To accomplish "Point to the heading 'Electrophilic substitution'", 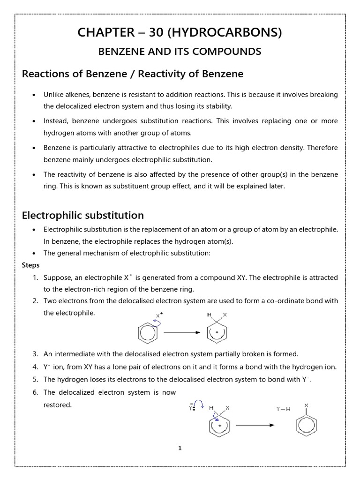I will click(x=83, y=215).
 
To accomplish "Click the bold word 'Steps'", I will click(x=31, y=265).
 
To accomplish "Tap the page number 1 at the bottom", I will click(x=180, y=448).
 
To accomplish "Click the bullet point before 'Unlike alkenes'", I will click(x=34, y=95).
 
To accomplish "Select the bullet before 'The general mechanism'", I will click(x=34, y=253).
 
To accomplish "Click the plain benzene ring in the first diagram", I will click(x=145, y=333).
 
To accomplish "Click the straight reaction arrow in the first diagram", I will click(x=182, y=332).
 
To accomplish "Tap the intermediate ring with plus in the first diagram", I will click(x=217, y=333).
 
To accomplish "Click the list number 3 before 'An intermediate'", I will click(x=36, y=354).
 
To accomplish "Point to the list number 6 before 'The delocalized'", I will click(x=36, y=392).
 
